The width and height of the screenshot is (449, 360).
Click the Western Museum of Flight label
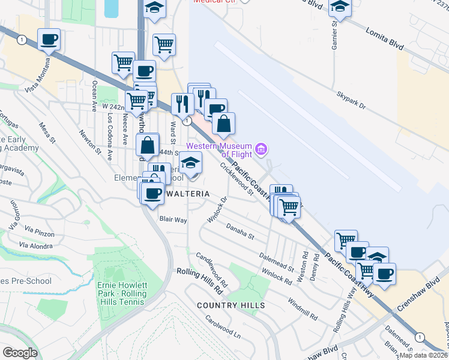coord(220,150)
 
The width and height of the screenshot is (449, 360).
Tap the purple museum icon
coord(261,149)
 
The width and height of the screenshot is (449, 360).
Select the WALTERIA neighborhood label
coord(188,194)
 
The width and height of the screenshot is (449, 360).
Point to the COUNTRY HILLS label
coord(231,305)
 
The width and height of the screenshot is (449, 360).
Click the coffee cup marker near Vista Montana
coord(49,40)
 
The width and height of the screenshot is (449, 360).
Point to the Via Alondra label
coord(36,245)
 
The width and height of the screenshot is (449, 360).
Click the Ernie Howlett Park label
coord(122,293)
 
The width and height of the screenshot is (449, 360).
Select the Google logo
coord(20,353)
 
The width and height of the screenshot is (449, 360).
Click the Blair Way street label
coord(173,220)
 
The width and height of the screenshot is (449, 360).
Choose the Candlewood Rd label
coord(212,269)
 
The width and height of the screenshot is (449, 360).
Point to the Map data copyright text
coord(423,355)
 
